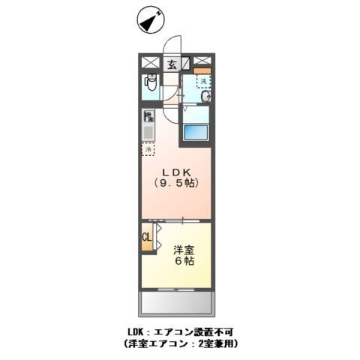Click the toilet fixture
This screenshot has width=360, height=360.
point(148,85)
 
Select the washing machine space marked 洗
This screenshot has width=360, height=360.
point(202,80)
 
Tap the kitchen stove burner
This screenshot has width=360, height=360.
point(148,117)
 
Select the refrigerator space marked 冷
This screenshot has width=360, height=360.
point(148,148)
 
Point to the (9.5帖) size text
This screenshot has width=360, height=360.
point(178,182)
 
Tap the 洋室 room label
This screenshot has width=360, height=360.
point(185,249)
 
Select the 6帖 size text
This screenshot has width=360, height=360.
point(185,262)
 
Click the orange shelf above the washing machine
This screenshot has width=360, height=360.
point(203,71)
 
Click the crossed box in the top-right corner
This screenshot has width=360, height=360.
point(202,61)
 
